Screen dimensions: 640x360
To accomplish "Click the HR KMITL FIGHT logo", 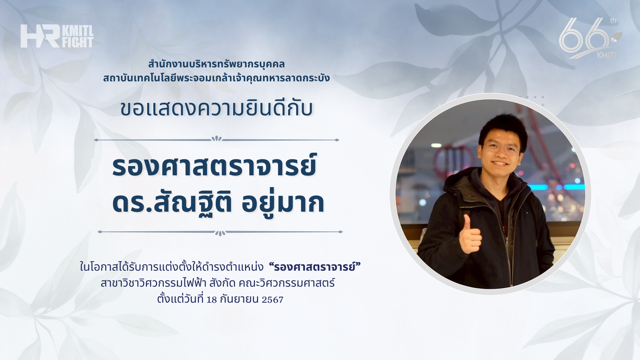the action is [x=57, y=36].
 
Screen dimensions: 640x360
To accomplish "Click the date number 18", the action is [x=212, y=299].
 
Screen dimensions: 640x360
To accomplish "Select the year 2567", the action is [x=272, y=299].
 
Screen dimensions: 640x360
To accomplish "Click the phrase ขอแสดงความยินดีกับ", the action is [x=217, y=108].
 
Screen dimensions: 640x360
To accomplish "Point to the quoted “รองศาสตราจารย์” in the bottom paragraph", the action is [x=315, y=267].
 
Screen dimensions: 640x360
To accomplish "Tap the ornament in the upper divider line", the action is [x=217, y=139].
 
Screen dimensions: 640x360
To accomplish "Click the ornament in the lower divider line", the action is [x=220, y=233].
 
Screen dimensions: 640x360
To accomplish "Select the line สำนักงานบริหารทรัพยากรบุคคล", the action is [x=216, y=64].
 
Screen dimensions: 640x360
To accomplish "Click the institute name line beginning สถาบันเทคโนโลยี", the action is [x=216, y=78].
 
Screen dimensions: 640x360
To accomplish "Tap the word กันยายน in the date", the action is [x=239, y=299].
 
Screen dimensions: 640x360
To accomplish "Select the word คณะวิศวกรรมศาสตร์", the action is [x=287, y=283].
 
